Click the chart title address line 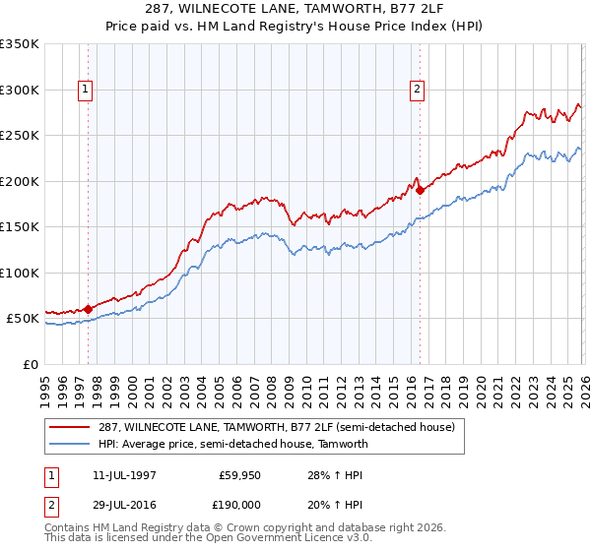(295, 9)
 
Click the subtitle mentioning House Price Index (295, 26)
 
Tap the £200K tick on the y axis (20, 181)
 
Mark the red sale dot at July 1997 (88, 309)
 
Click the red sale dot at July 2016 (420, 190)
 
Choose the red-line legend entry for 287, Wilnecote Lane (276, 427)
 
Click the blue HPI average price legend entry (232, 444)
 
